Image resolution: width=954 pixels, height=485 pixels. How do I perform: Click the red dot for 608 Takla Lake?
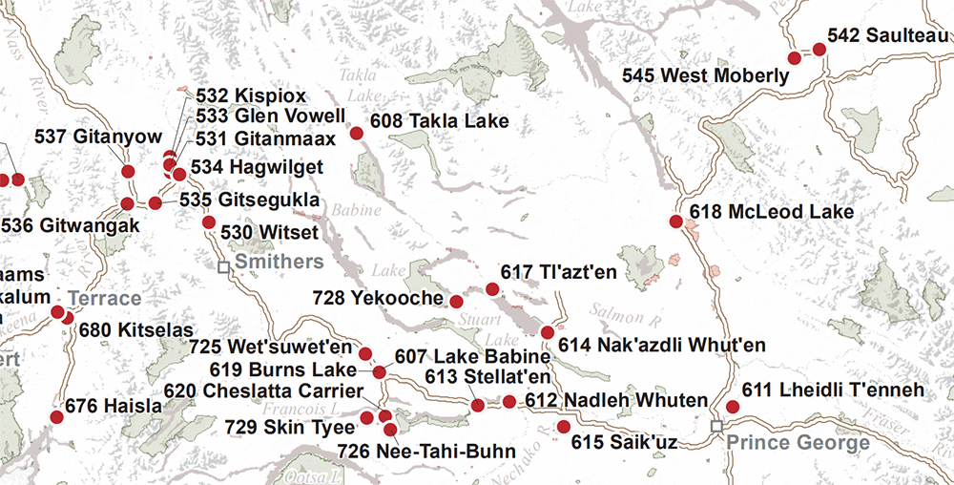point(356,134)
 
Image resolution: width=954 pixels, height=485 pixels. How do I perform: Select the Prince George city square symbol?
point(717,426)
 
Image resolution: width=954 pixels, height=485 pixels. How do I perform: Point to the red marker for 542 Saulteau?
point(819,49)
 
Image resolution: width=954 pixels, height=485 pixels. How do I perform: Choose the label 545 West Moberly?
point(705,74)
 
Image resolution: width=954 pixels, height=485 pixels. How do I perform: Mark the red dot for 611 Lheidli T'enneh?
point(733,407)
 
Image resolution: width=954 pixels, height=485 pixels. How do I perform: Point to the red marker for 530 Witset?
point(209,222)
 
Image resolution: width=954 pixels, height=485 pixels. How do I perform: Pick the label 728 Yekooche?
point(378,299)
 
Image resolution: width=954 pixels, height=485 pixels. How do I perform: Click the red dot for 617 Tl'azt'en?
point(492,288)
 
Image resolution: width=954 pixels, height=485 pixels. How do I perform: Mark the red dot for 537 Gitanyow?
point(128,172)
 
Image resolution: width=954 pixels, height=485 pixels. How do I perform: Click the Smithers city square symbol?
point(223,268)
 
